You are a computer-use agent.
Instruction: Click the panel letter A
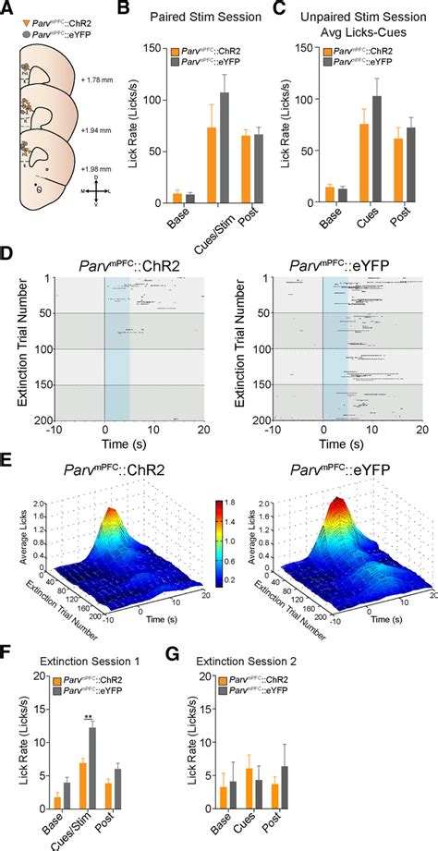(8, 9)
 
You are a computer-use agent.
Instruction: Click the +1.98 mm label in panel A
(122, 170)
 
